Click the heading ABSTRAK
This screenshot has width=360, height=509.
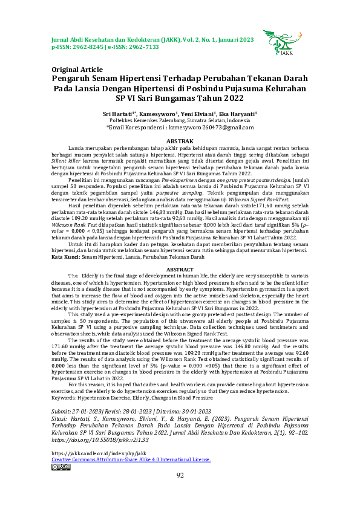pos(180,140)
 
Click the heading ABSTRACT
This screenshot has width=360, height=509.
pos(180,269)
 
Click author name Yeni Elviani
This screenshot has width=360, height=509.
pos(198,113)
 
